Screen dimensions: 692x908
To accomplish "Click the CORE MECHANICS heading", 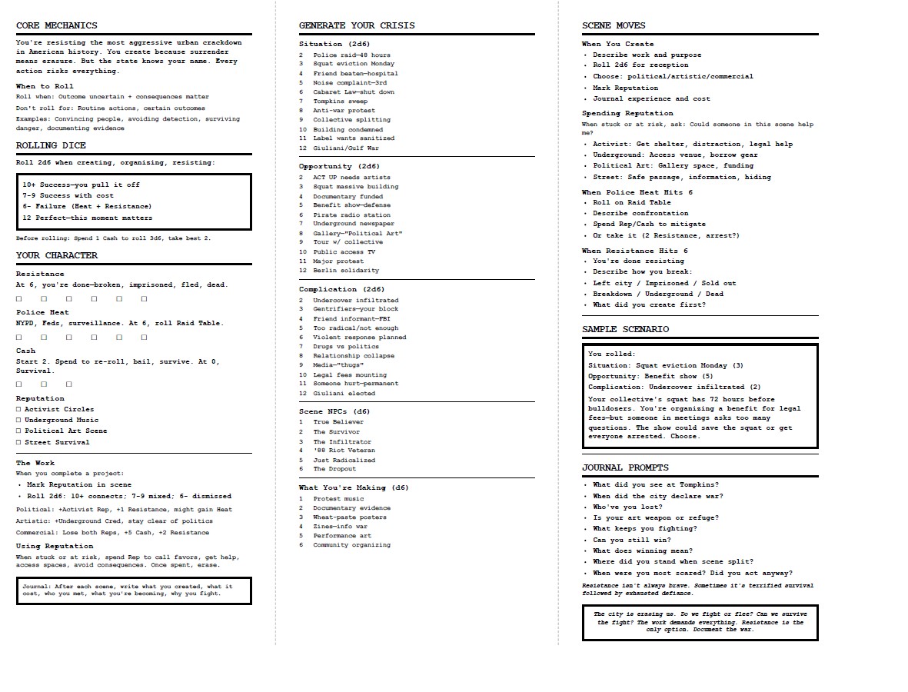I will click(57, 25).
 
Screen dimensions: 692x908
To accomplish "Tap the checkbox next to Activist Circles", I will click(19, 409).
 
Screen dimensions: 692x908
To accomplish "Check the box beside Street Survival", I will click(19, 442).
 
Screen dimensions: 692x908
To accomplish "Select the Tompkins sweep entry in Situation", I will click(340, 101).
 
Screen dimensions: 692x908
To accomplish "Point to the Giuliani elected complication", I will click(344, 393).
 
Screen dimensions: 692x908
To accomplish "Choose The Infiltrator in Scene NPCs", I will click(341, 441).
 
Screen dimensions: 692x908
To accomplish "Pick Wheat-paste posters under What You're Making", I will click(349, 517).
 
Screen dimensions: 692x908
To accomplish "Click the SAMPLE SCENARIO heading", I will click(625, 329).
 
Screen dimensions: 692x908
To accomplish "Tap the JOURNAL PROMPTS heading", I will click(625, 467).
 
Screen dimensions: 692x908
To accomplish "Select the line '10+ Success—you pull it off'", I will click(81, 185).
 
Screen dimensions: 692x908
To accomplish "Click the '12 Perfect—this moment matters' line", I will click(87, 218).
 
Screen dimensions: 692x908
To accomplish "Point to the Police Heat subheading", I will click(42, 312).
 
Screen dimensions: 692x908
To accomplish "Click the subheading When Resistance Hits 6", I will click(634, 251).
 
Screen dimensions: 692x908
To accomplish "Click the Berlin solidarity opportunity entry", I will click(345, 270).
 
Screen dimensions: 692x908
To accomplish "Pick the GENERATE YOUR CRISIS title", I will click(357, 25).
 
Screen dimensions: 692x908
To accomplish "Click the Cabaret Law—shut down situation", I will click(353, 92).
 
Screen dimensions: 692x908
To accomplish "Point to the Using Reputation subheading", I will click(55, 546).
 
